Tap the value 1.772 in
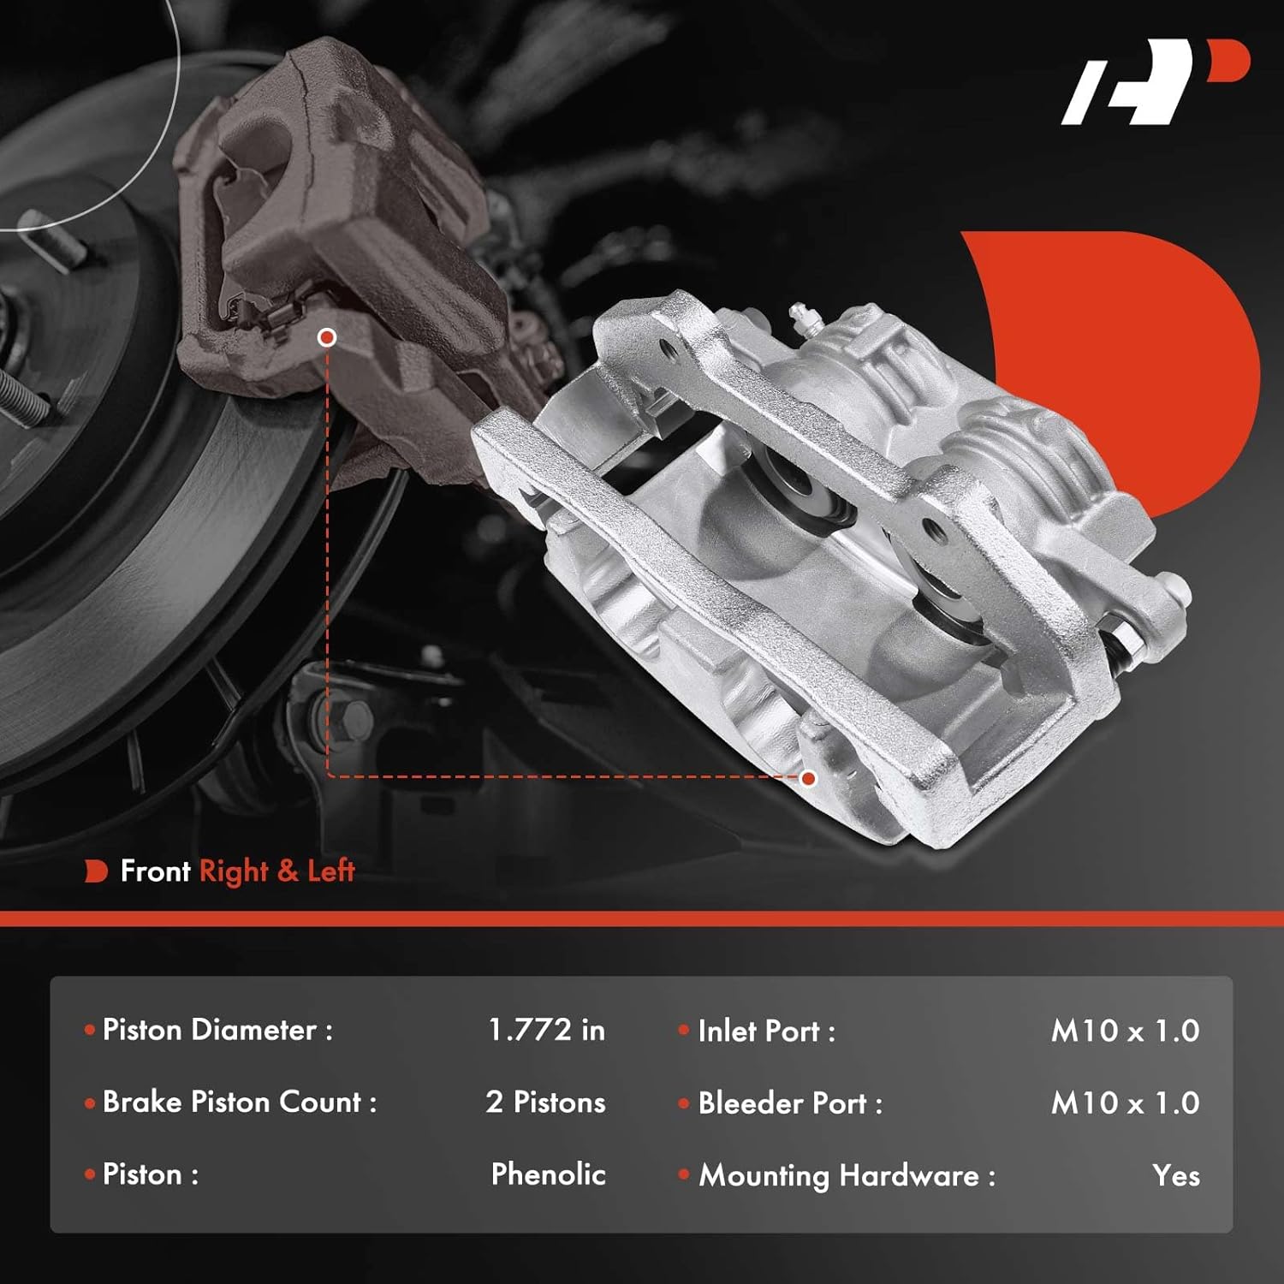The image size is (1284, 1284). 546,1030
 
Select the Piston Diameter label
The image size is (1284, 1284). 217,1030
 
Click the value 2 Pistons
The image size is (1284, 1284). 545,1102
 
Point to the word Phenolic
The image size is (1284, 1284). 548,1174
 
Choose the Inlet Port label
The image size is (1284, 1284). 765,1031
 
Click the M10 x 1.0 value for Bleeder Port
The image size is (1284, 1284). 1125,1103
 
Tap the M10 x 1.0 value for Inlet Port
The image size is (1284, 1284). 1125,1031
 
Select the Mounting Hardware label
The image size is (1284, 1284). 847,1175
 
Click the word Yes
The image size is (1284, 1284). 1175,1175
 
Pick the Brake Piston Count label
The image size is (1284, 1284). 239,1102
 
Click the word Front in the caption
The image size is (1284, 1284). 155,871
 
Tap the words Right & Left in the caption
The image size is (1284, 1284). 276,871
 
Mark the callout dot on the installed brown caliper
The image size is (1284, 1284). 326,337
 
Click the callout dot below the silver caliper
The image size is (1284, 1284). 808,778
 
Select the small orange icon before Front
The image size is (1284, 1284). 96,871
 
